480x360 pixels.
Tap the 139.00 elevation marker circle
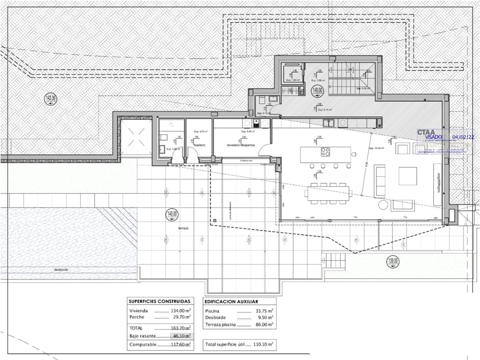[393, 261]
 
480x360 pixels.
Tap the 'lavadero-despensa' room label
[241, 146]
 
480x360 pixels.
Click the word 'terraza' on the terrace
[183, 228]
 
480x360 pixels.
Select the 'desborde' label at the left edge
[61, 270]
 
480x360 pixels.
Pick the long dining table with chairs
[328, 193]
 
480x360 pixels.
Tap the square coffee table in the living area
[407, 176]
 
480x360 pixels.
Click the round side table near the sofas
[383, 205]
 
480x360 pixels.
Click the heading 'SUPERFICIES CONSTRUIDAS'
[159, 301]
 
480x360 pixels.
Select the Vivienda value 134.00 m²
[182, 311]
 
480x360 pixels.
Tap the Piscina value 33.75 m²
[264, 311]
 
